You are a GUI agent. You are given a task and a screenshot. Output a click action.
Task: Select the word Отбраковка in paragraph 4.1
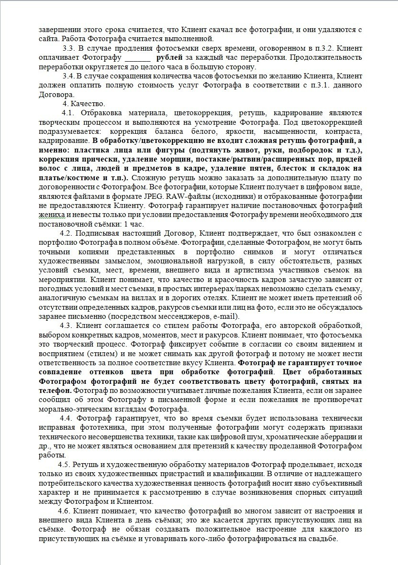click(103, 113)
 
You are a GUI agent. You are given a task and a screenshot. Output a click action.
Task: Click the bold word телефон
click(55, 390)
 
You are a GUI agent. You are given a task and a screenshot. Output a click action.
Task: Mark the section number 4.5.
click(64, 464)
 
